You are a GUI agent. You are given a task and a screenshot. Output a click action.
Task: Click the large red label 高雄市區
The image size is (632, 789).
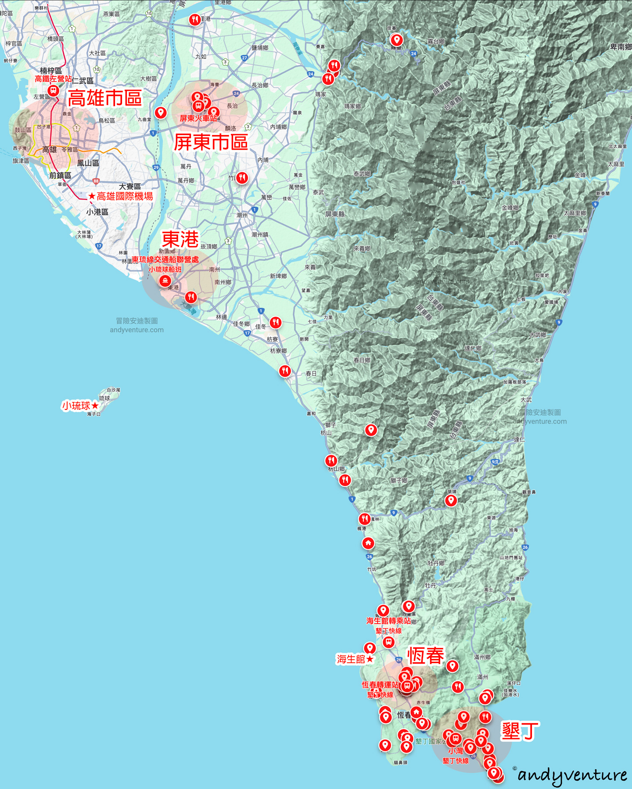(x=104, y=98)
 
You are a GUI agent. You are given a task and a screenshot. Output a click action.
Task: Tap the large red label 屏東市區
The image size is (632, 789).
(x=211, y=142)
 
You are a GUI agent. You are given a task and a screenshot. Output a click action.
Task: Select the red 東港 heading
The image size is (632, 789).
(x=180, y=239)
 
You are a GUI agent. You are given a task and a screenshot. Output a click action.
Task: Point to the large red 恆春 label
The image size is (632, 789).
(x=426, y=656)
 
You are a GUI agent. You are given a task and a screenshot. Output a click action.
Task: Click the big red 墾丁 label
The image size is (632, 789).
(x=520, y=731)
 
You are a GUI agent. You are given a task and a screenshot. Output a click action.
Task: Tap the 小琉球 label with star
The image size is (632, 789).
(x=80, y=406)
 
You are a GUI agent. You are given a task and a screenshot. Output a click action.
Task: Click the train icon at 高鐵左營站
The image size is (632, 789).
(x=54, y=91)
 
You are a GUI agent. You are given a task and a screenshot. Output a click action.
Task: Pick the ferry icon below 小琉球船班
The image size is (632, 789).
(x=165, y=281)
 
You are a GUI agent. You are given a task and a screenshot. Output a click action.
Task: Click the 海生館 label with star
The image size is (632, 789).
(x=355, y=659)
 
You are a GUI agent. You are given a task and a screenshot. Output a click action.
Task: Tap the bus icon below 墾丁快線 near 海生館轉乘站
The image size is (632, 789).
(x=388, y=642)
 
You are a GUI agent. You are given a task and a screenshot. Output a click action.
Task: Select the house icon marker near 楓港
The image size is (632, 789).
(x=368, y=543)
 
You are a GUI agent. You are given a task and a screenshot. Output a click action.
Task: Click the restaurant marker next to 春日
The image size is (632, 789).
(x=285, y=371)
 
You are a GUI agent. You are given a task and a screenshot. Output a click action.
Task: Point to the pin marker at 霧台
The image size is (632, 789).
(x=397, y=40)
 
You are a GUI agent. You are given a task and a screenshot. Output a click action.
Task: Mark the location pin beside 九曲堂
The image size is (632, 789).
(x=161, y=112)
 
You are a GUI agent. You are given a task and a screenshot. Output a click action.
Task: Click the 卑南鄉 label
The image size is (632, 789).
(x=621, y=47)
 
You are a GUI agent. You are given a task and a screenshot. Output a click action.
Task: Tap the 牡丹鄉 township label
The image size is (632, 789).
(x=436, y=563)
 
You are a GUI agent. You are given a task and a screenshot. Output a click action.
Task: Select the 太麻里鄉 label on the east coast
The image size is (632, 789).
(x=575, y=213)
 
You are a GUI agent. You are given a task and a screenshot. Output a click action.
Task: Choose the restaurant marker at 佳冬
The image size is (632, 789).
(x=276, y=322)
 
